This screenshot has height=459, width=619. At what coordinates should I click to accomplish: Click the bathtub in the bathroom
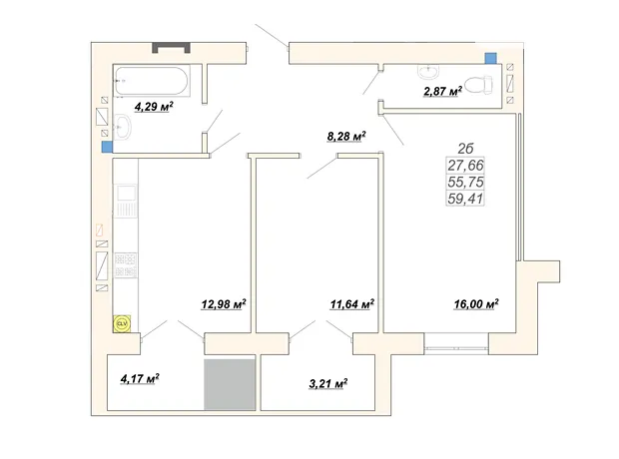(x=152, y=81)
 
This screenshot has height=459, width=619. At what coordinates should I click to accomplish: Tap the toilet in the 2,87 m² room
(x=479, y=85)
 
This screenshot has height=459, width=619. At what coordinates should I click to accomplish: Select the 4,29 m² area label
(x=154, y=107)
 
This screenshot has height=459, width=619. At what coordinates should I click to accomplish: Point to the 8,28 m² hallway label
(x=346, y=137)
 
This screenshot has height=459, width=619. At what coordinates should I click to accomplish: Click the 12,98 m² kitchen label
(x=224, y=304)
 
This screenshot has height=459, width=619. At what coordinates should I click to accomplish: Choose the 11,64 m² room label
(x=352, y=304)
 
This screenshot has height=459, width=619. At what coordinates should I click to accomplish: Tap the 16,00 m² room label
(x=476, y=304)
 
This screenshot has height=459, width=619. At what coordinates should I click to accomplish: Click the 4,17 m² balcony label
(x=140, y=379)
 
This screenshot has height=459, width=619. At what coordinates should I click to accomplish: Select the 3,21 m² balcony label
(x=328, y=383)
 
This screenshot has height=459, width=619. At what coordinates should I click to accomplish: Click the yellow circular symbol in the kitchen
(x=122, y=324)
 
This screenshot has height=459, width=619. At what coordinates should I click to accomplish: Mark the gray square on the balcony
(x=230, y=384)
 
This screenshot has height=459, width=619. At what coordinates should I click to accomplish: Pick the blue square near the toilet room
(x=490, y=58)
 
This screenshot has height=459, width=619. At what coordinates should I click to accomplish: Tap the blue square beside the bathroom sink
(x=107, y=147)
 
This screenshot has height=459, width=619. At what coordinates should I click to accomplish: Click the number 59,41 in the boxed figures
(x=465, y=199)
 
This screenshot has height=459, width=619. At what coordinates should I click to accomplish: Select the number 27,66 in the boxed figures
(x=465, y=165)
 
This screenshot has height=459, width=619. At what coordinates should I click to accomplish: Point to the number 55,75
(x=465, y=182)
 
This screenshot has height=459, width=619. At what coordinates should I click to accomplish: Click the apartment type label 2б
(x=465, y=149)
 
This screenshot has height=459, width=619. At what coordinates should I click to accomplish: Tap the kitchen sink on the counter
(x=126, y=201)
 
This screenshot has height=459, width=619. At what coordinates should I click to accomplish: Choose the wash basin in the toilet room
(x=428, y=72)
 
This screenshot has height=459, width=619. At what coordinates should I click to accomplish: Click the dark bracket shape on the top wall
(x=172, y=47)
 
